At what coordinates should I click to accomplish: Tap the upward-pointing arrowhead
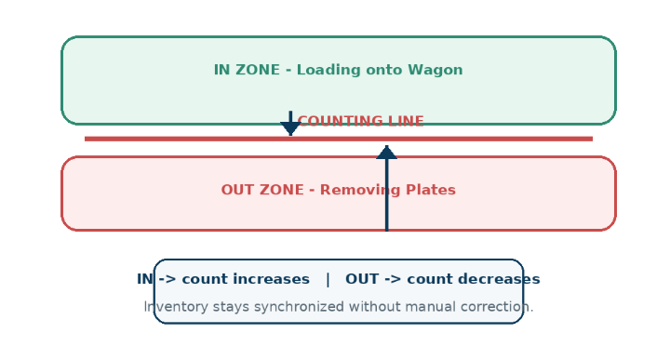387,153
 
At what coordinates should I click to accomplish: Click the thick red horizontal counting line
339,139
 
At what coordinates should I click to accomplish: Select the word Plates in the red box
431,190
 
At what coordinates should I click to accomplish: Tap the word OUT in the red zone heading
234,190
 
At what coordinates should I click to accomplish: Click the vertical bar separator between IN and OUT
328,279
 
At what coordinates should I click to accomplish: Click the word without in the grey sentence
374,307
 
